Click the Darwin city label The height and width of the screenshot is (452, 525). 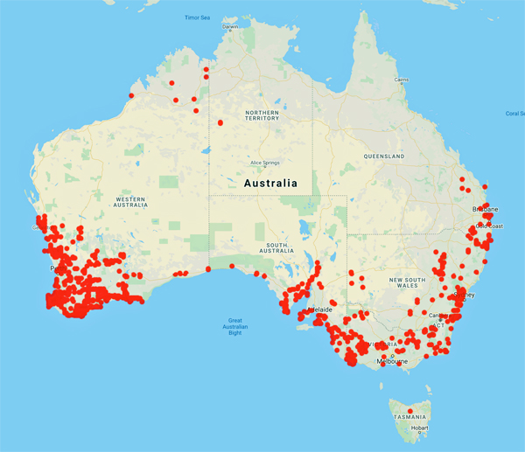click(230, 26)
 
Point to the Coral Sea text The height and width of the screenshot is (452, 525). click(514, 113)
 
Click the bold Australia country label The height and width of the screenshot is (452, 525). click(270, 184)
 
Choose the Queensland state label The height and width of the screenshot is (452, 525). click(385, 156)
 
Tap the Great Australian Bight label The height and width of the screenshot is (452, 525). click(234, 326)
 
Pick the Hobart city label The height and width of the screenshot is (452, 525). click(420, 428)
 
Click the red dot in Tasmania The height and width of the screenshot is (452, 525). click(409, 411)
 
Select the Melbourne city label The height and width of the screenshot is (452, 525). click(391, 361)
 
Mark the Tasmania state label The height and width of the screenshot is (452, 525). click(409, 418)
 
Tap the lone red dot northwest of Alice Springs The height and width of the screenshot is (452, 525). click(220, 122)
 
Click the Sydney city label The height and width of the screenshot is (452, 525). click(465, 296)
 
